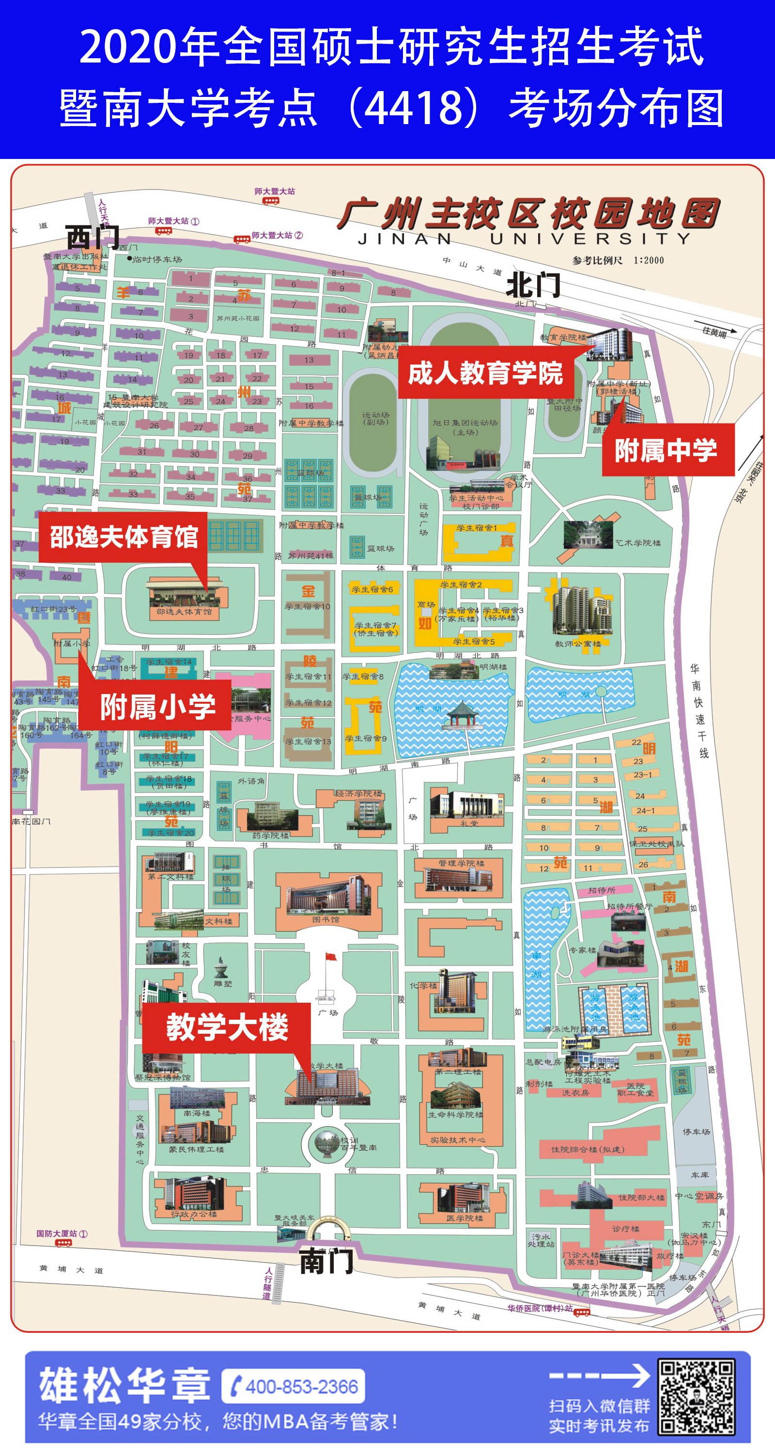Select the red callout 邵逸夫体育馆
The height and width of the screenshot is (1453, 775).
coord(124,537)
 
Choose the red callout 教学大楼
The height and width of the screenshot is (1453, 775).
coord(227,1027)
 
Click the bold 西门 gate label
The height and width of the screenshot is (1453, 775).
coord(93,237)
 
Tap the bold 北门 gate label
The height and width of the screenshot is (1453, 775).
coord(533,285)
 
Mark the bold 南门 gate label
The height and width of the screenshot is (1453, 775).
coord(326,1261)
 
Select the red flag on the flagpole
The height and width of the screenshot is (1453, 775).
coord(331,957)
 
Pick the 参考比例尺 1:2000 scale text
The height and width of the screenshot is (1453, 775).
coord(618,261)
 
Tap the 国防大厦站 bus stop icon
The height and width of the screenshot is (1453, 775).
coord(63,1243)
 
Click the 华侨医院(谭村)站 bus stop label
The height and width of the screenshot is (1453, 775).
coord(540,1308)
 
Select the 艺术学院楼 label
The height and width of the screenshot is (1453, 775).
coord(638,543)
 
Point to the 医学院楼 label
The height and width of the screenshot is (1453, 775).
coord(465,1218)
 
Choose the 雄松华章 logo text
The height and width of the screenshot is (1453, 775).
coord(124,1385)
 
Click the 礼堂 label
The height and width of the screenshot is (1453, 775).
coord(469,823)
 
